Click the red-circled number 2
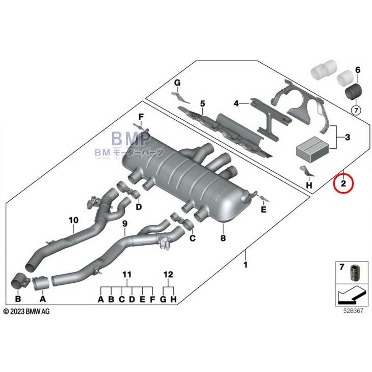[343, 183]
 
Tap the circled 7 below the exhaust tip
[356, 110]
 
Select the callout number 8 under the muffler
[223, 238]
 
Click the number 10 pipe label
[73, 220]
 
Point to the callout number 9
[125, 224]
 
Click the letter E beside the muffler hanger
[263, 209]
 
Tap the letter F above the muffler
[141, 117]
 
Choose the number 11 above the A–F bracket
[127, 275]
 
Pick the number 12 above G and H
[168, 275]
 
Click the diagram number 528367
[353, 310]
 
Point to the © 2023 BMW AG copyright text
[26, 311]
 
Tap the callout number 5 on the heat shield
[202, 103]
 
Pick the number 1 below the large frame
[246, 265]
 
